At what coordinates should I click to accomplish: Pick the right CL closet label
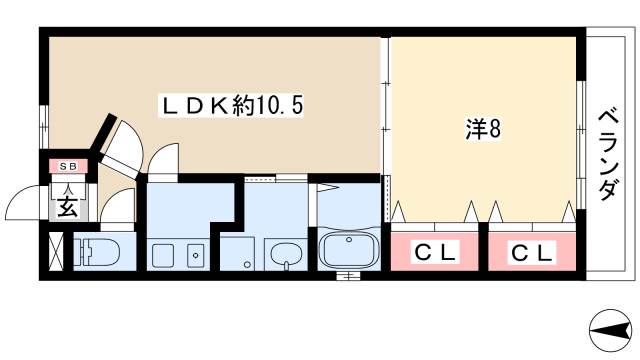532,254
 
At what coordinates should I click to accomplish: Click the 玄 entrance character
68,207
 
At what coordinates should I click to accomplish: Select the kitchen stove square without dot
163,255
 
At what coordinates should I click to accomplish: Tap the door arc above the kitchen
163,157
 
